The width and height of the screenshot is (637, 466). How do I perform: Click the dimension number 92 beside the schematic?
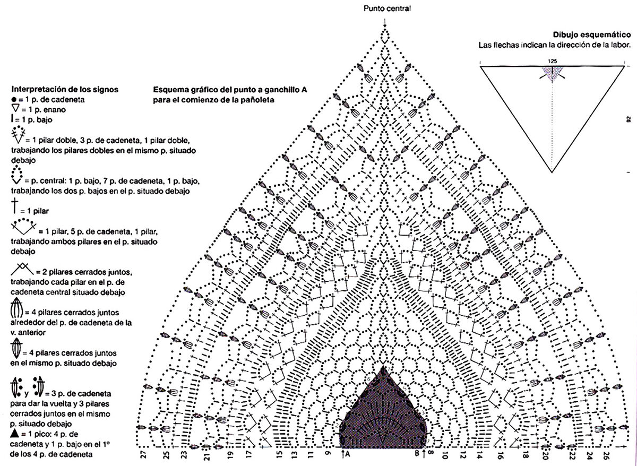[x=628, y=119]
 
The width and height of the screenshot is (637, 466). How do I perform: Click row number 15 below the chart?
[x=279, y=455]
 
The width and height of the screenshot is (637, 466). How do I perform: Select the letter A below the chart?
[x=347, y=455]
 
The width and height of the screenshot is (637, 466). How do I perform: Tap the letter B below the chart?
[x=417, y=455]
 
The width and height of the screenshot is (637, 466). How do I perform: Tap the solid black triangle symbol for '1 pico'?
[x=14, y=434]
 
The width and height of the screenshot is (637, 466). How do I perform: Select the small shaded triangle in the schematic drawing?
[x=552, y=75]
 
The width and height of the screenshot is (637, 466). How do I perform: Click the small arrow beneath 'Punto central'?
[x=385, y=21]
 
